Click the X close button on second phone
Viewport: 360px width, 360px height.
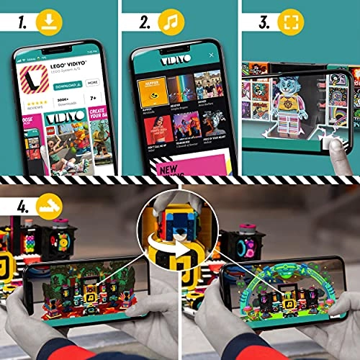click(212, 55)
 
